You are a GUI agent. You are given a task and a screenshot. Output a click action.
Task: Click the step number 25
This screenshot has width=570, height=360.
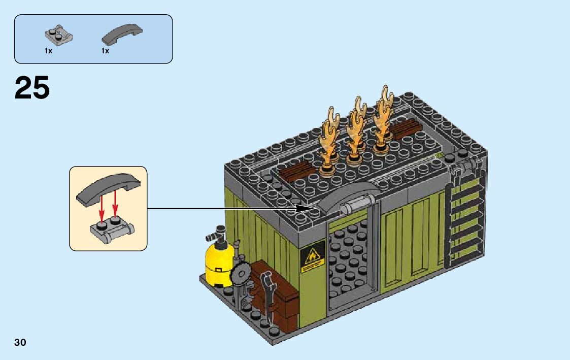pos(32,88)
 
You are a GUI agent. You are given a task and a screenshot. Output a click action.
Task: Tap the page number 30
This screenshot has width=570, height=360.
pos(20,343)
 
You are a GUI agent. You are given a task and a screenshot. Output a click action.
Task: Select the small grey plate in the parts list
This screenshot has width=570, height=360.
pos(59,34)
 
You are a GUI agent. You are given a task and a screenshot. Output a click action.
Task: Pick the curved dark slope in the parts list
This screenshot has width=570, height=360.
pos(122,35)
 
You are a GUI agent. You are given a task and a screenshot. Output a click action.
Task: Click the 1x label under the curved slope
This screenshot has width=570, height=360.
pos(105,51)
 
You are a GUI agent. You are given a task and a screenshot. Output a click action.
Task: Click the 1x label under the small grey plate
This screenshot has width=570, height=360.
pos(48,51)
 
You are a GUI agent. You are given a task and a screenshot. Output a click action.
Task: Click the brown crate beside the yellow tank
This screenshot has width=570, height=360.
pos(277,294)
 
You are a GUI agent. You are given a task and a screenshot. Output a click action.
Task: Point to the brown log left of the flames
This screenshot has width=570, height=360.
pos(298,172)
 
